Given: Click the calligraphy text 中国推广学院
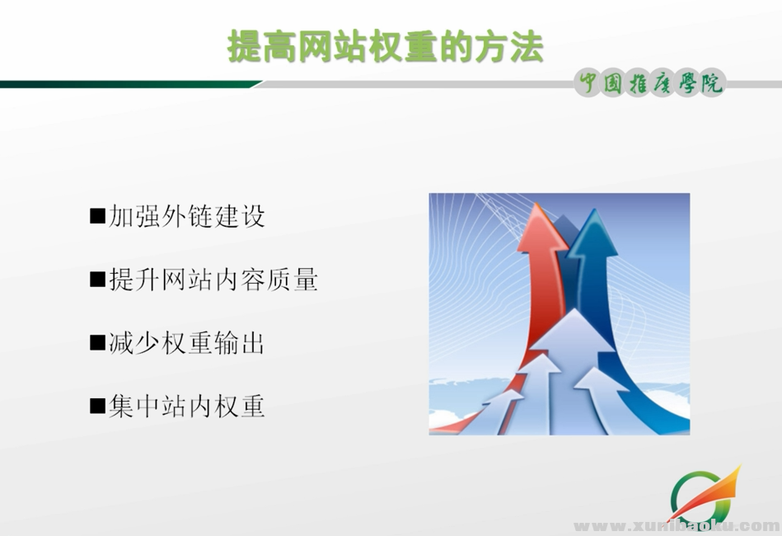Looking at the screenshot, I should (x=650, y=83).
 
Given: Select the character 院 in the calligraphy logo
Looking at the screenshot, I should (x=709, y=83).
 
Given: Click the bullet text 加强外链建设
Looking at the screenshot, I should (x=187, y=217).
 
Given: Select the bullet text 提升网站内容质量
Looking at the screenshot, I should (x=213, y=280).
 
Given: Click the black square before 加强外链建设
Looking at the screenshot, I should (x=97, y=217).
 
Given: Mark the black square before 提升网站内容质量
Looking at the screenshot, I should (x=97, y=280).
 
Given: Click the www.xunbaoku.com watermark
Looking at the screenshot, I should (x=676, y=525).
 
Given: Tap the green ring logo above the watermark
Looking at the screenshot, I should (x=696, y=495).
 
